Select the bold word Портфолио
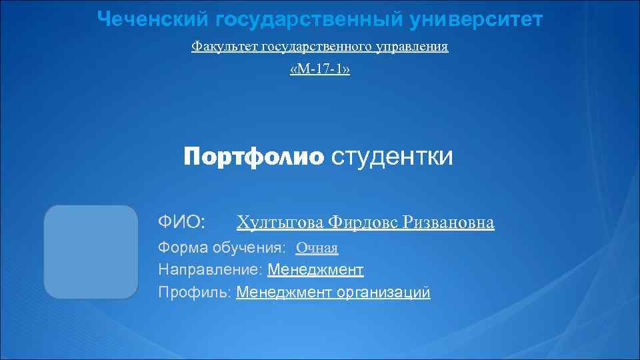(x=253, y=157)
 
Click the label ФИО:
(x=181, y=221)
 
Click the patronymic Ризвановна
(x=450, y=222)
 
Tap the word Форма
(x=183, y=248)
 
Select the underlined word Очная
(x=317, y=249)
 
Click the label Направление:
(x=210, y=270)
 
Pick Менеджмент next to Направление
(x=315, y=270)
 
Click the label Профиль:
(x=195, y=292)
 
